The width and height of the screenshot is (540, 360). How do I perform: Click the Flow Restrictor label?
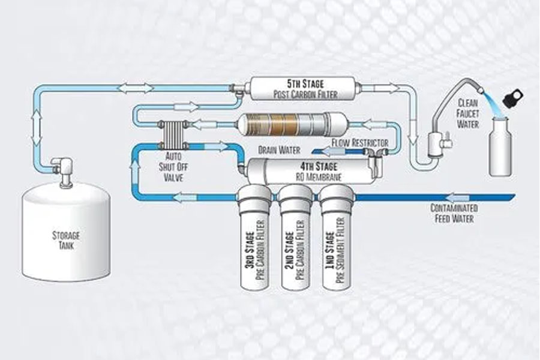click(359, 143)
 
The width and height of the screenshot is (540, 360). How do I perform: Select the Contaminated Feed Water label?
click(452, 214)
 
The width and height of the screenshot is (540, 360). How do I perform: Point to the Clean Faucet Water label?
click(468, 113)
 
